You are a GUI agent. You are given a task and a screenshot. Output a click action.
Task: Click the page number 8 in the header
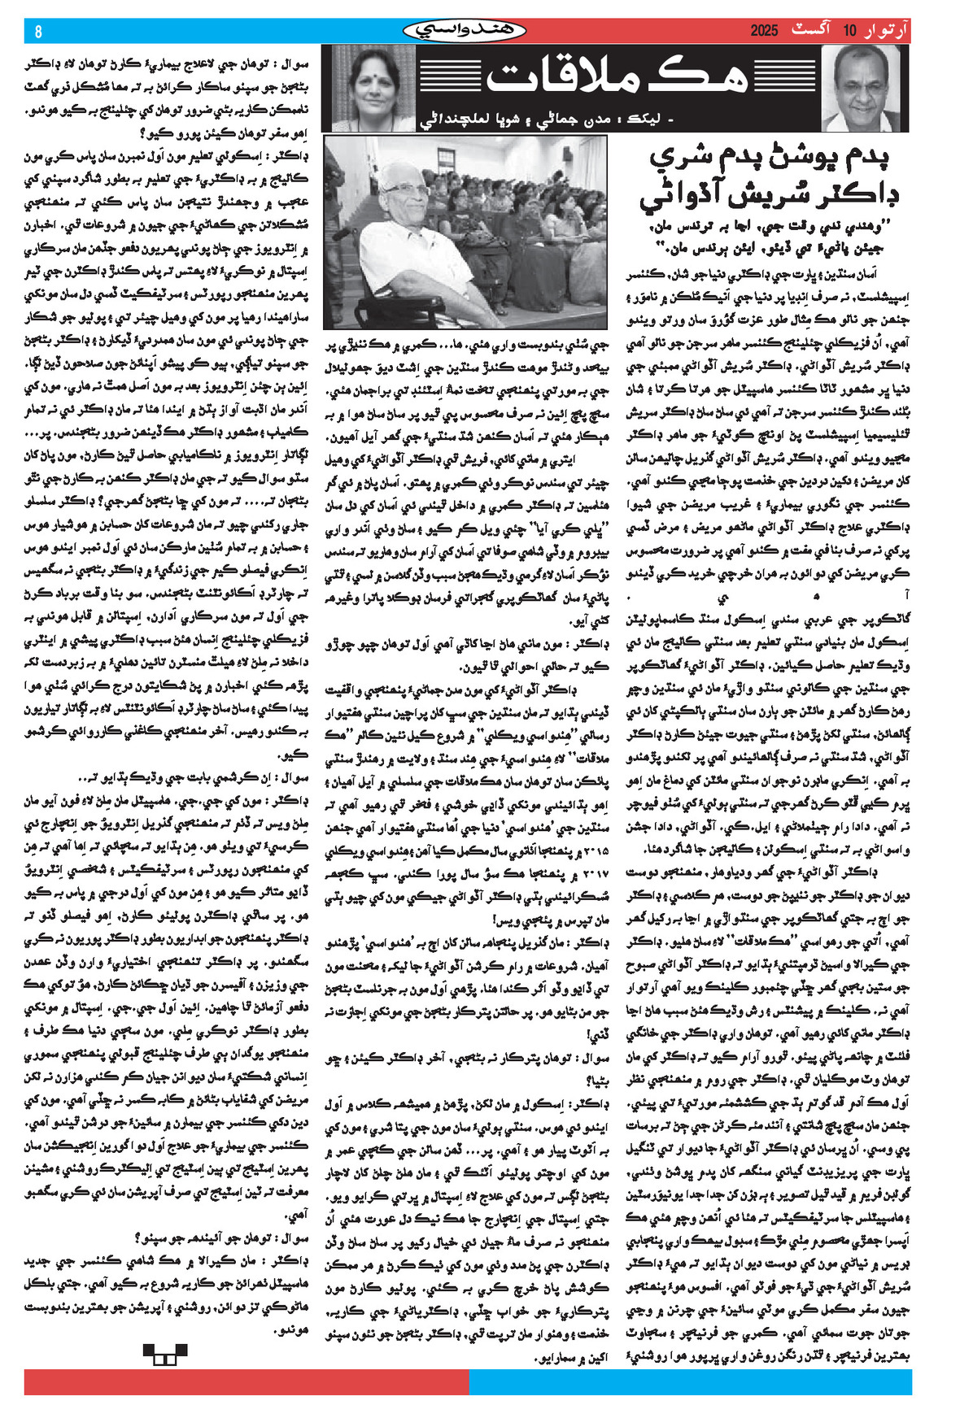point(37,32)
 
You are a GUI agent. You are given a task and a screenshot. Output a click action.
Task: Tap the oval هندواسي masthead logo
point(465,31)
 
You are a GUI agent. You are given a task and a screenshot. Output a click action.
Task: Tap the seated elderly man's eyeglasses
point(407,189)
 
